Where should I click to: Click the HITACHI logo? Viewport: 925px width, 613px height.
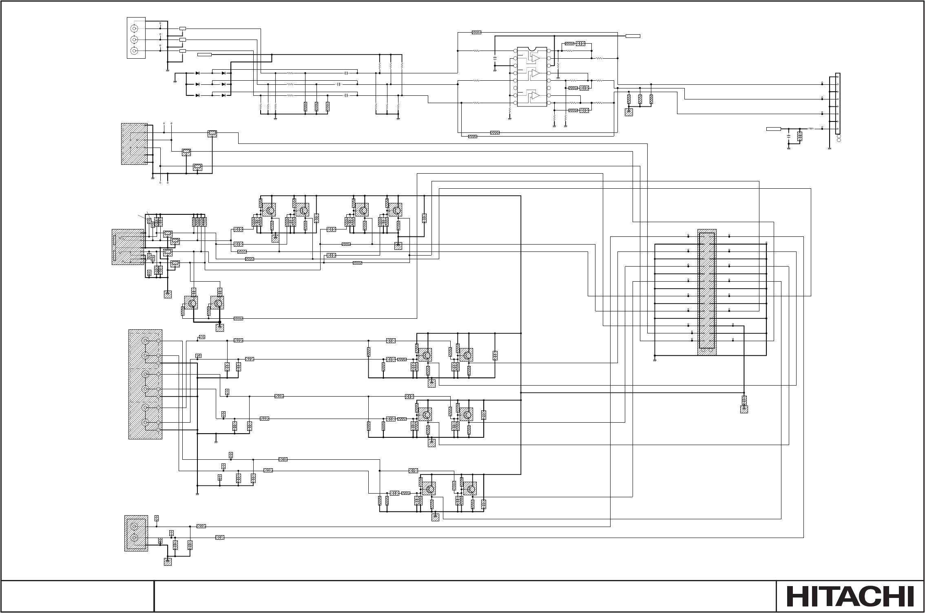click(850, 597)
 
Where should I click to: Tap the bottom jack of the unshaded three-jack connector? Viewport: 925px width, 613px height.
click(134, 51)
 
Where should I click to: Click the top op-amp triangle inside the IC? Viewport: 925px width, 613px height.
click(533, 59)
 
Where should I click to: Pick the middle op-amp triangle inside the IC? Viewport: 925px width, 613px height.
click(533, 73)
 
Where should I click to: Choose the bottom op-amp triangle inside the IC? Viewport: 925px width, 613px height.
click(533, 96)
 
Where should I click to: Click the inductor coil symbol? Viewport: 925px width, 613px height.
click(812, 129)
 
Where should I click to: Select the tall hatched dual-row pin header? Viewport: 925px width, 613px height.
click(707, 292)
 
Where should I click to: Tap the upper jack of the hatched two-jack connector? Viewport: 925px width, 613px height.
click(134, 527)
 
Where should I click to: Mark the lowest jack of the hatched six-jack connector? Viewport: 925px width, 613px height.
click(144, 423)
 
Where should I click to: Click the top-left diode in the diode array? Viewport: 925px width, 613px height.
click(198, 73)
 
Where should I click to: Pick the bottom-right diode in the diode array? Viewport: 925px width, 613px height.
click(224, 95)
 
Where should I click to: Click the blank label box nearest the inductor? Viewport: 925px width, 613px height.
click(773, 129)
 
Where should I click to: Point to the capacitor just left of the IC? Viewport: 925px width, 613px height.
click(495, 58)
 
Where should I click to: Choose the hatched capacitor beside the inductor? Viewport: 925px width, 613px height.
click(800, 136)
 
